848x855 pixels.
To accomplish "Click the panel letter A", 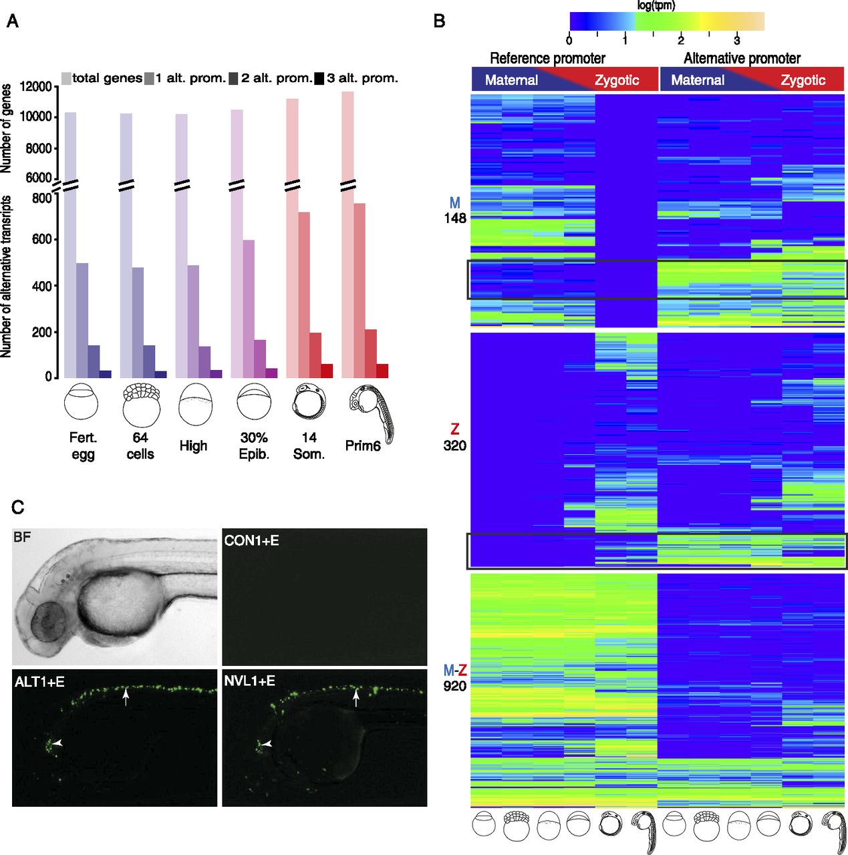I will click(12, 21).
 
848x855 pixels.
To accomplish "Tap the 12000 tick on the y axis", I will click(35, 86).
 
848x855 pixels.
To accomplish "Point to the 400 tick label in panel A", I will click(41, 286).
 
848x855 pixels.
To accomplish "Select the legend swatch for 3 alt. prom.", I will click(319, 79).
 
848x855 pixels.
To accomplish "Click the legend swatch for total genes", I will click(66, 79).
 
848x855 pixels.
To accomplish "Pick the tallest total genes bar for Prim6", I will click(347, 234).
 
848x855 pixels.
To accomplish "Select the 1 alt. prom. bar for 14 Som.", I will click(303, 294).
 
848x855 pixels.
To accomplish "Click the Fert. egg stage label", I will click(83, 446).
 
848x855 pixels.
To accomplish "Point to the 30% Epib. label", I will click(254, 446).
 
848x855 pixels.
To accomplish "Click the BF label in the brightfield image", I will click(22, 536).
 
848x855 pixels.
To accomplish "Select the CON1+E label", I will click(251, 540).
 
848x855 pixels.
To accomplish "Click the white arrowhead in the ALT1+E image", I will click(58, 743).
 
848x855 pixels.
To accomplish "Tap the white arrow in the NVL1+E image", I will click(356, 699).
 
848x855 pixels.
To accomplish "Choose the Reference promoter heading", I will click(547, 58).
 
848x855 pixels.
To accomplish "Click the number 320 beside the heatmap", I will click(455, 446).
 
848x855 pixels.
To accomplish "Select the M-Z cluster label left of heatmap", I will click(455, 670).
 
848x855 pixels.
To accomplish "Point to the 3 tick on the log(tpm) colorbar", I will click(736, 40).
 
